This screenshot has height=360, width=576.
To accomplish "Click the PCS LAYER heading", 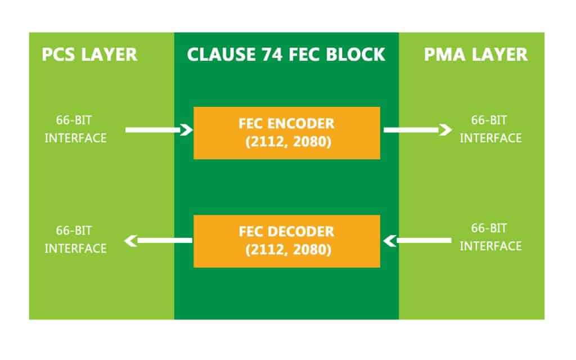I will click(x=89, y=55).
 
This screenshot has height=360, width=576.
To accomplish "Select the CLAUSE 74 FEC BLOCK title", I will click(x=286, y=55).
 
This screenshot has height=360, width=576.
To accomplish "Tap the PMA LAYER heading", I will click(x=475, y=55).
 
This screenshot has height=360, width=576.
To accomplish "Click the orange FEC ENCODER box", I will click(x=286, y=133).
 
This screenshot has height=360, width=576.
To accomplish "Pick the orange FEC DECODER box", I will click(x=286, y=241).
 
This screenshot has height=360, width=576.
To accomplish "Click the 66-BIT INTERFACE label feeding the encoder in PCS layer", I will click(x=75, y=129).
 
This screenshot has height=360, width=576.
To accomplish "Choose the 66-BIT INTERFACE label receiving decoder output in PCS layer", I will click(x=75, y=240).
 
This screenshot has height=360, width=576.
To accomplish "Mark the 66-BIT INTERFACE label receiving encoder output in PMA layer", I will click(x=490, y=129).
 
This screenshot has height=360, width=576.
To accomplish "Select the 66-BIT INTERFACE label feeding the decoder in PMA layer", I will click(x=490, y=237).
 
